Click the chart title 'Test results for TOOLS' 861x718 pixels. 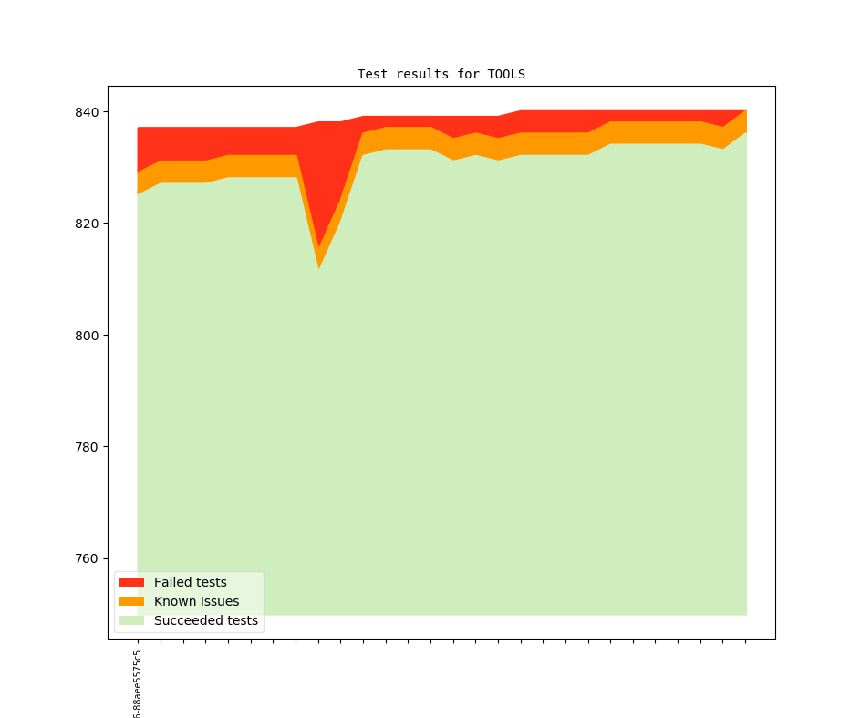pyautogui.click(x=441, y=74)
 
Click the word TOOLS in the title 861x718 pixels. pyautogui.click(x=505, y=74)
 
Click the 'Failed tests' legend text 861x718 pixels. pyautogui.click(x=190, y=582)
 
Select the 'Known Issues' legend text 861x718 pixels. pyautogui.click(x=196, y=602)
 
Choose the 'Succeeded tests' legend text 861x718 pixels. pyautogui.click(x=205, y=621)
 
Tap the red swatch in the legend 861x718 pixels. pyautogui.click(x=132, y=582)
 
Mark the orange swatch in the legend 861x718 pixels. pyautogui.click(x=132, y=602)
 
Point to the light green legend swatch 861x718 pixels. pyautogui.click(x=132, y=621)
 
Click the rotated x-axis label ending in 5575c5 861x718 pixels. pyautogui.click(x=138, y=684)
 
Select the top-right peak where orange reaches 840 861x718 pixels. pyautogui.click(x=746, y=112)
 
